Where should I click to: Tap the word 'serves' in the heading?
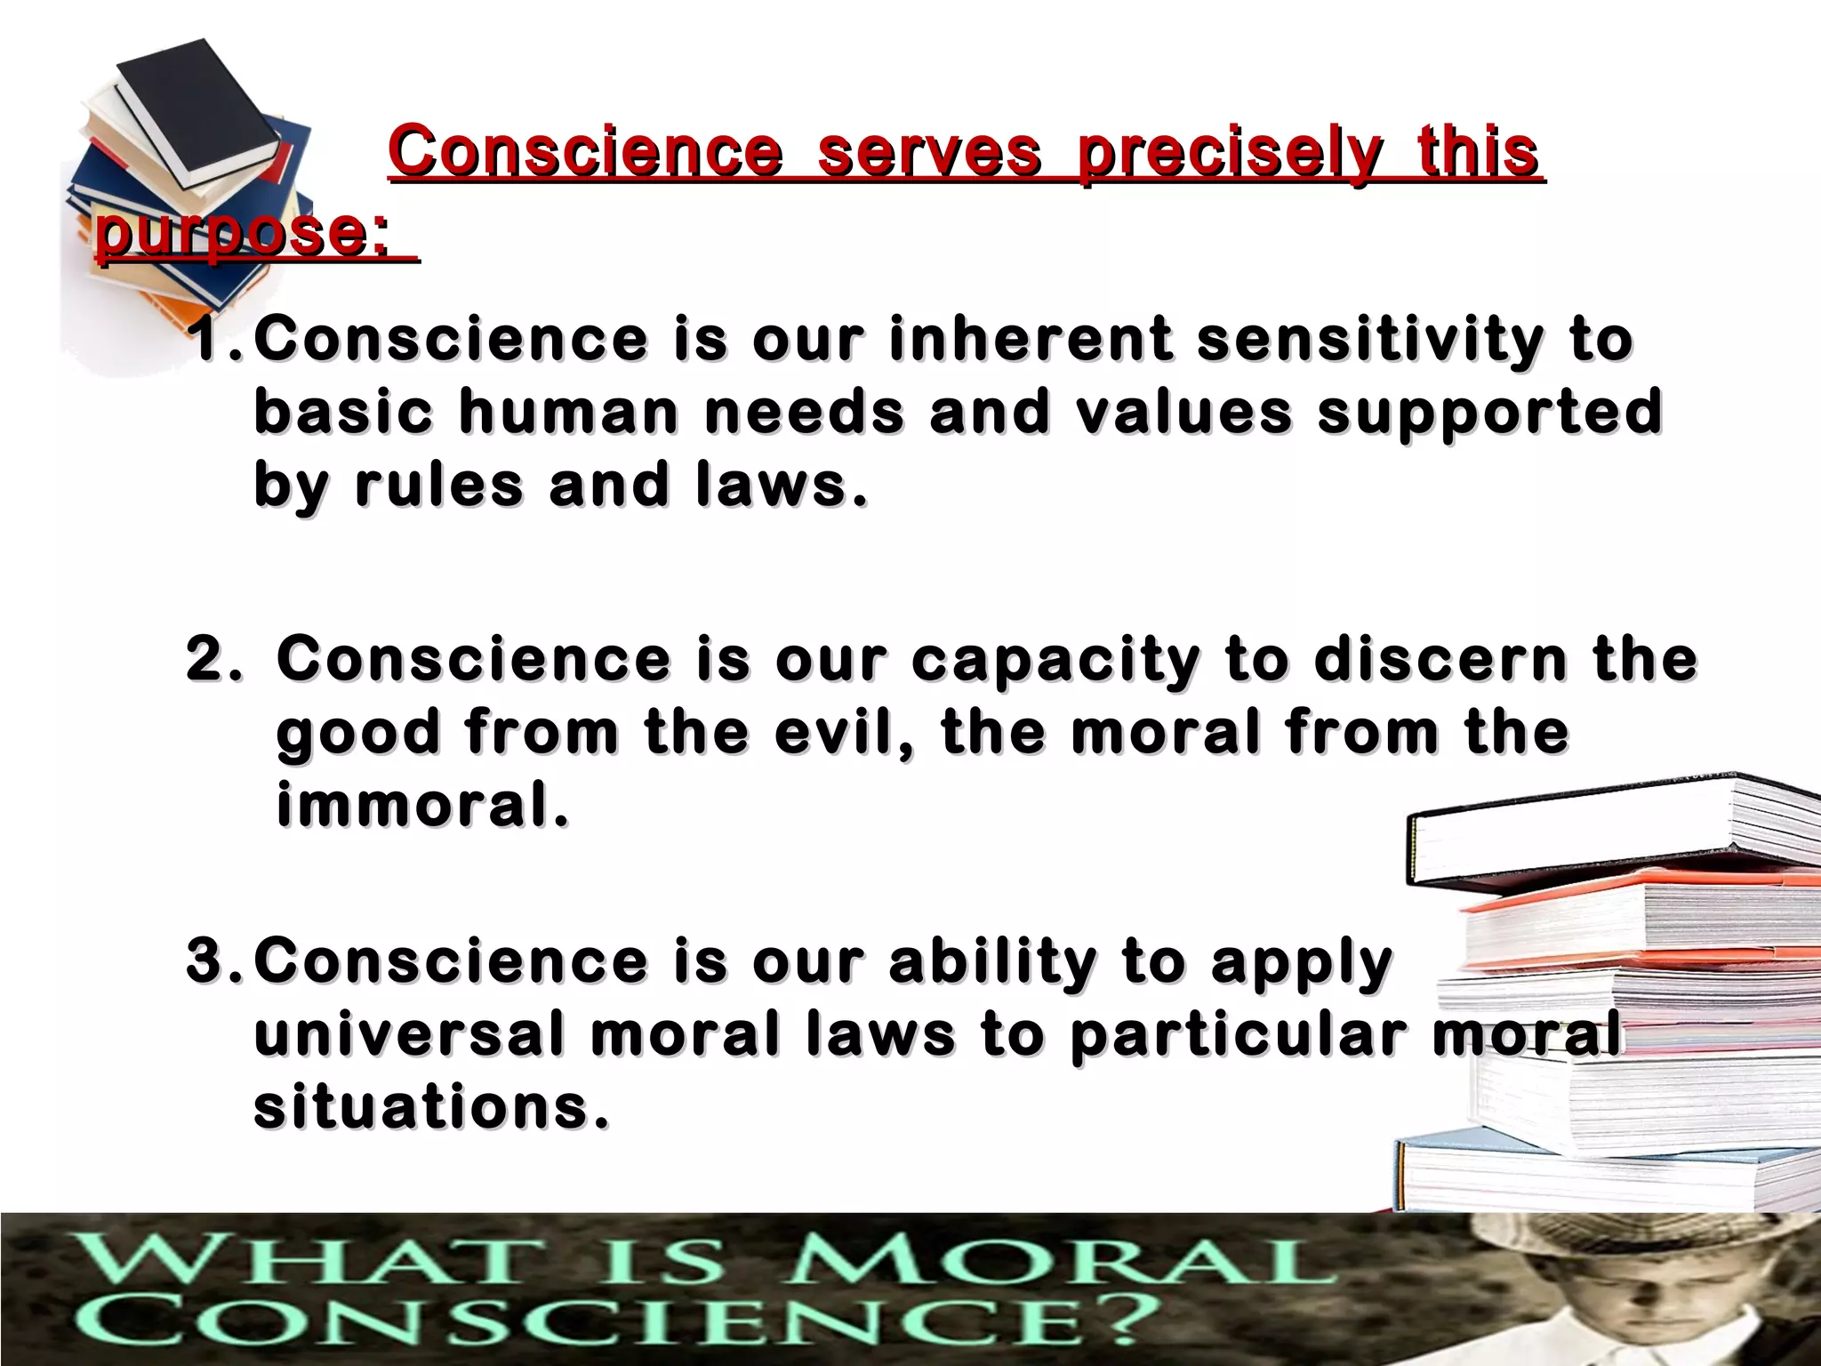(928, 152)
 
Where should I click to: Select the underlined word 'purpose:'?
(242, 233)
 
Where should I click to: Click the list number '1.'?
(217, 340)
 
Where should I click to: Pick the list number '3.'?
(217, 962)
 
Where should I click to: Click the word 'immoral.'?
(421, 806)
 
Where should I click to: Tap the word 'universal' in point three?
(409, 1035)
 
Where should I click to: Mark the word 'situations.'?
(432, 1108)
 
